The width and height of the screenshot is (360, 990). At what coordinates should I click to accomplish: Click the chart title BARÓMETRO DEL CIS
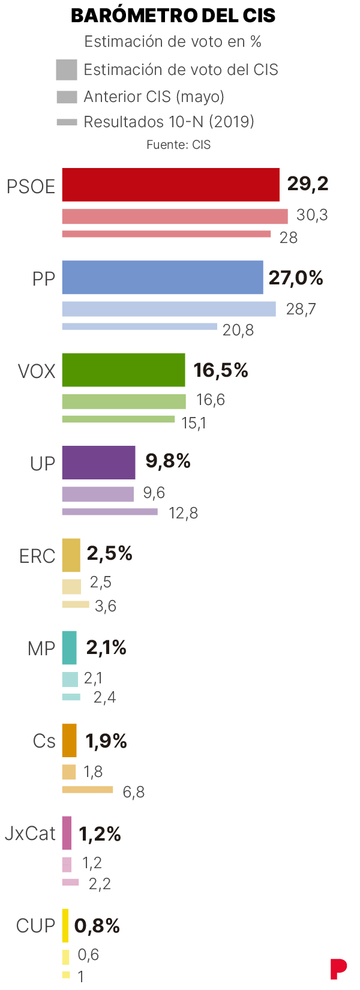(x=173, y=16)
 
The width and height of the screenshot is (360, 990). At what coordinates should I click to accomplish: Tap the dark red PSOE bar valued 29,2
(x=170, y=185)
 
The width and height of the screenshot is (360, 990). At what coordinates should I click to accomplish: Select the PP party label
(x=43, y=279)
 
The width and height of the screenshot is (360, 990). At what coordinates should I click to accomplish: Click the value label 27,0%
(x=296, y=278)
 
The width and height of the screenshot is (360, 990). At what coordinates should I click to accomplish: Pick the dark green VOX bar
(x=124, y=370)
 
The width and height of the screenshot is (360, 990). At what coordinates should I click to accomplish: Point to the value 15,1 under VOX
(x=194, y=423)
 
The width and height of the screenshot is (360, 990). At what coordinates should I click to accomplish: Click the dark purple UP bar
(x=98, y=462)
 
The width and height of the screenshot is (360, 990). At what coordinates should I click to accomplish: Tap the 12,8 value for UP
(x=183, y=513)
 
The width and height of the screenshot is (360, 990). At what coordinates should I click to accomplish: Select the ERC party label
(x=37, y=556)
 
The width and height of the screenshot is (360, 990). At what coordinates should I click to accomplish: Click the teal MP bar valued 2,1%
(x=70, y=647)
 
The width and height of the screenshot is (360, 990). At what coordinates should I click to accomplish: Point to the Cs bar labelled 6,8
(x=88, y=790)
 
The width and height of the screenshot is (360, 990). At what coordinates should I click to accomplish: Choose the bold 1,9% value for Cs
(x=106, y=742)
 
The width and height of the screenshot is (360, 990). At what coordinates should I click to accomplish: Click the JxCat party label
(x=30, y=833)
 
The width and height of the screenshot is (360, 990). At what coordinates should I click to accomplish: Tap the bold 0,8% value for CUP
(x=97, y=926)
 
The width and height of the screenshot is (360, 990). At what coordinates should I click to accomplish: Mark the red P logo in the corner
(x=338, y=968)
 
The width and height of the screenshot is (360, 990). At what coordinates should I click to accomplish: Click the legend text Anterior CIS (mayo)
(x=154, y=97)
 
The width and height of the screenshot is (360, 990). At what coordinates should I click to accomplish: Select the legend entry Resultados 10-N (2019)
(x=169, y=122)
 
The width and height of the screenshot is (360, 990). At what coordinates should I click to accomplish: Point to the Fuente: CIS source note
(x=178, y=145)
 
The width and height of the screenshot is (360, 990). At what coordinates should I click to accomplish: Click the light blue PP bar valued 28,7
(x=169, y=309)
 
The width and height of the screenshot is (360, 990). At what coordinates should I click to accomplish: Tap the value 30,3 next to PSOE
(x=312, y=215)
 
